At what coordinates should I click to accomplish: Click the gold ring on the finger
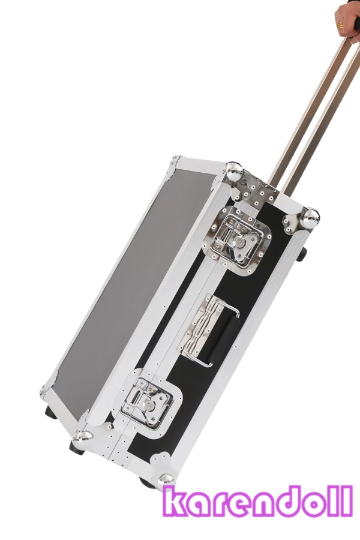pyautogui.click(x=340, y=25)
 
